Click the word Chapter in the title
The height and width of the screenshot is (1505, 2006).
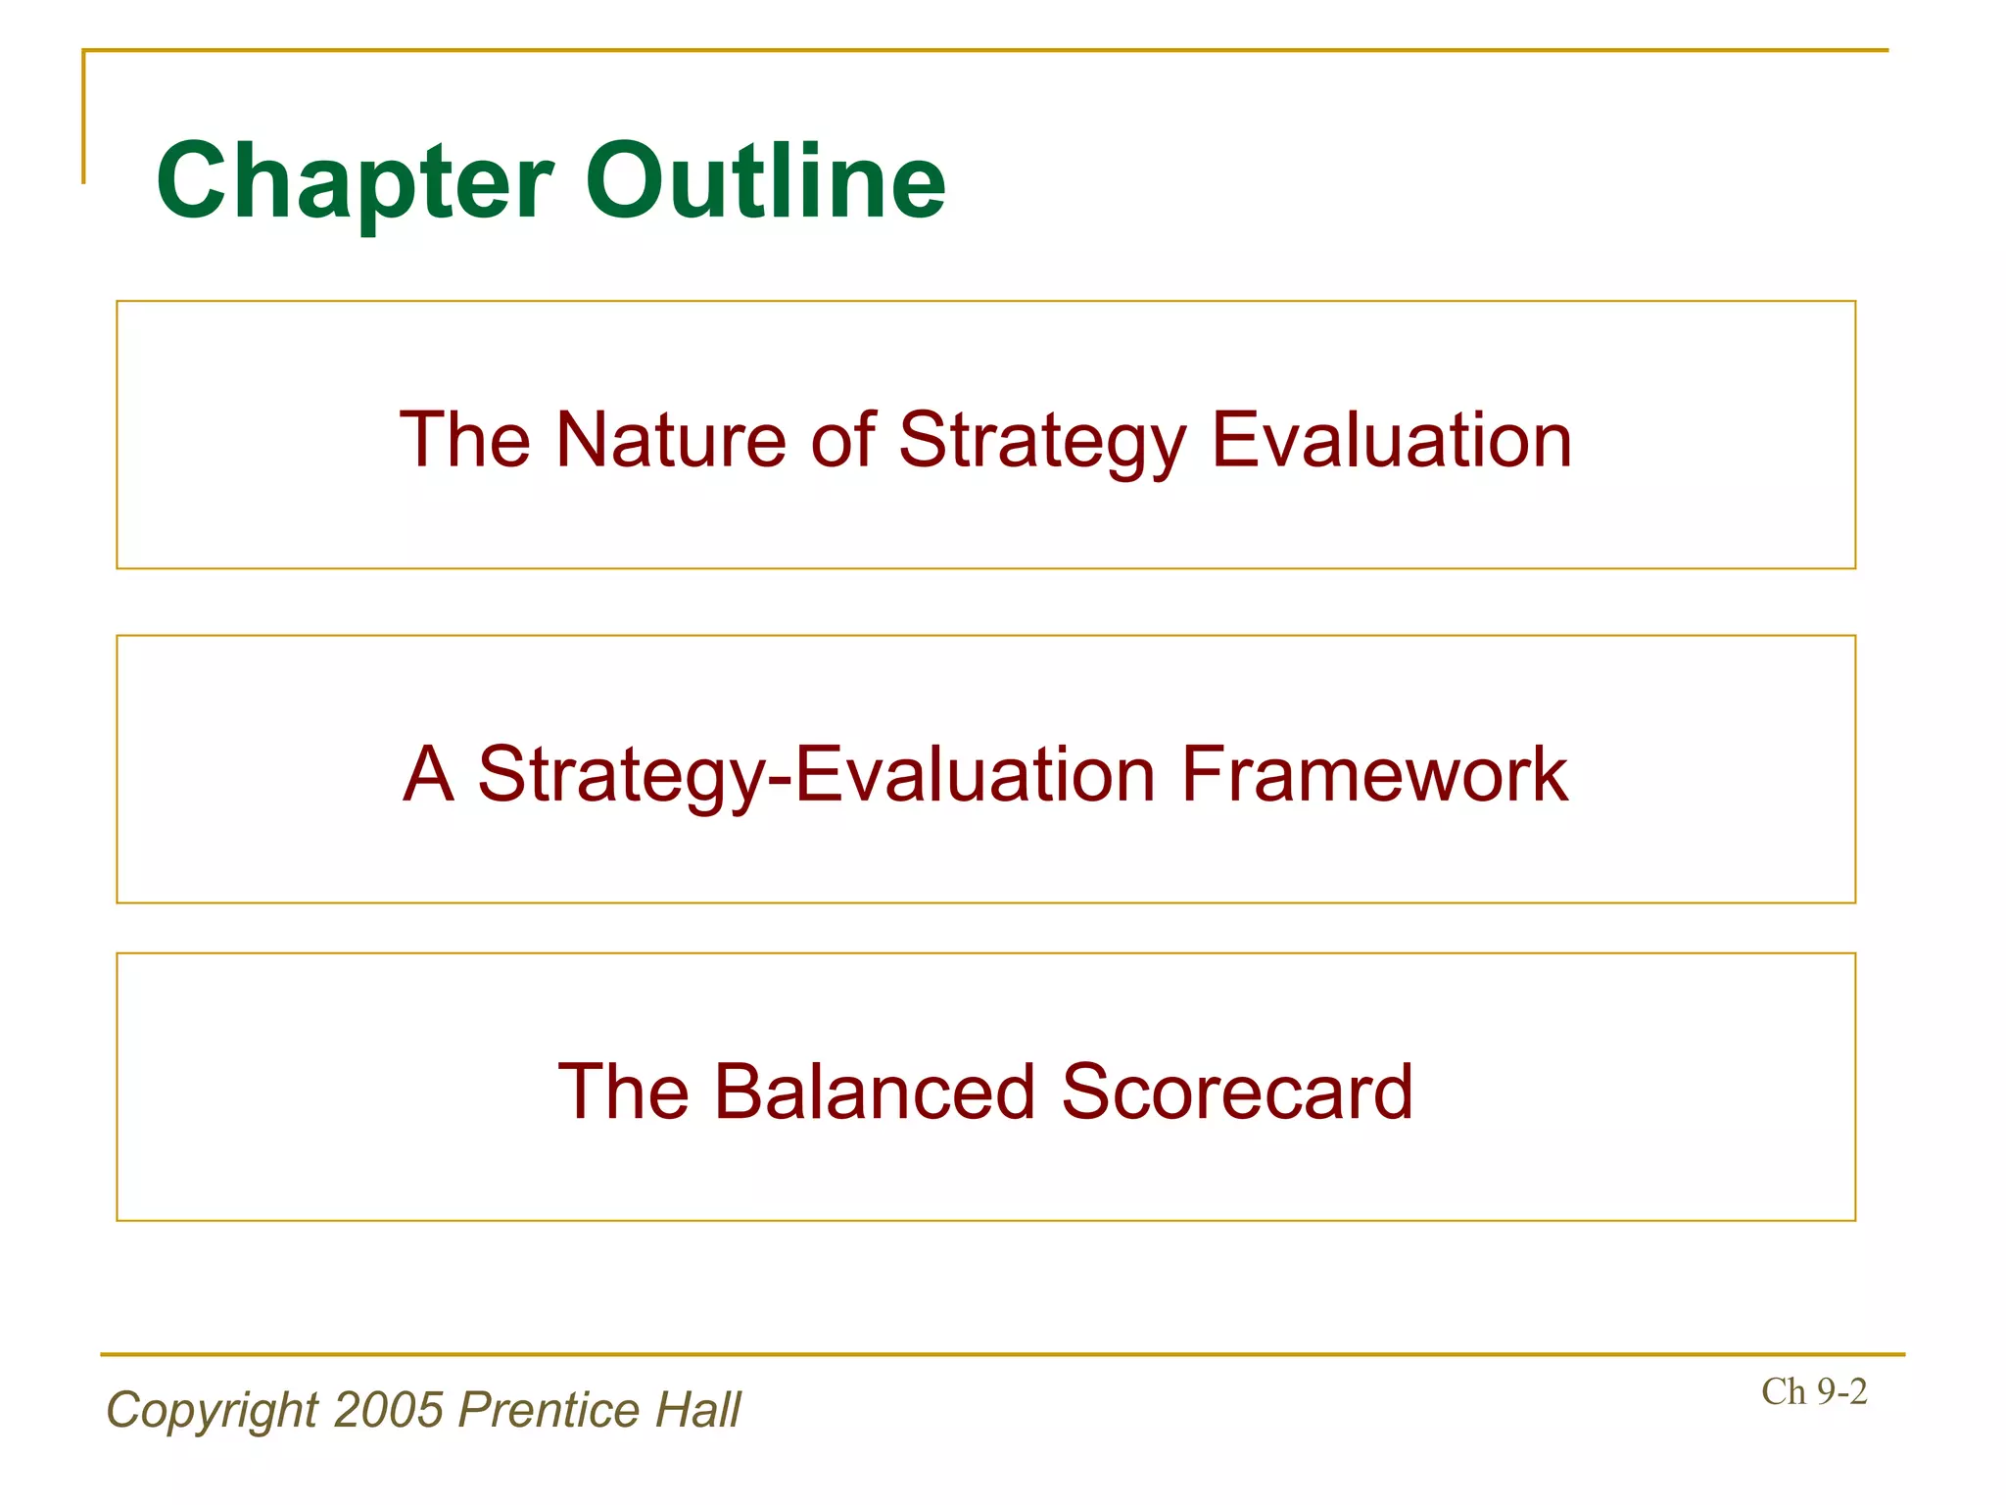tap(355, 181)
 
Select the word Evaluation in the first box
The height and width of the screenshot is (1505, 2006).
tap(1391, 440)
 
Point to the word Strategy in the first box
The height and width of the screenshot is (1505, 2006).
tap(1041, 440)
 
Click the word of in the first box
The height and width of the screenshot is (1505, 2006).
tap(842, 440)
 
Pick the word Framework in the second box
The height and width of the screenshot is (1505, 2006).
tap(1374, 774)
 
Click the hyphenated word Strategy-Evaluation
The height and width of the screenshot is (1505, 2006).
tap(816, 774)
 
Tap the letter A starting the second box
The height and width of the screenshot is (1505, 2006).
tap(428, 774)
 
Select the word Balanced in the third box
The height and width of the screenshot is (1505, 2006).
tap(874, 1092)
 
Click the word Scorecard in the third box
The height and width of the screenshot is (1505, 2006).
tap(1237, 1092)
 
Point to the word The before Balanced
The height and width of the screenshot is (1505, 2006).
tap(623, 1092)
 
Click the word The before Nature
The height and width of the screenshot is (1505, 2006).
tap(464, 440)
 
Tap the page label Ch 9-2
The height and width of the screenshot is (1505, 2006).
tap(1813, 1391)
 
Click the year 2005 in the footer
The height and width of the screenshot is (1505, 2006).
tap(388, 1410)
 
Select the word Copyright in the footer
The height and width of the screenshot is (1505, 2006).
tap(212, 1410)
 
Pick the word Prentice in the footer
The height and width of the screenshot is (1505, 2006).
tap(548, 1410)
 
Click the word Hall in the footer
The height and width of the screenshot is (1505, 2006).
tap(697, 1410)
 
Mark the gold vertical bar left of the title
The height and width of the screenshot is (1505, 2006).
tap(83, 118)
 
